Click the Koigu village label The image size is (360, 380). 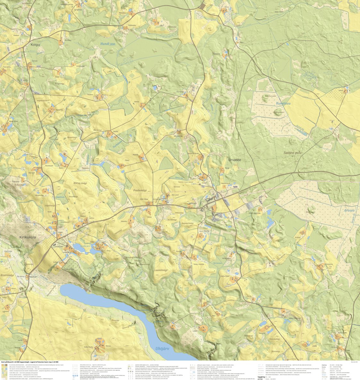[35, 45]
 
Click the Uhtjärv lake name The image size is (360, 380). [162, 348]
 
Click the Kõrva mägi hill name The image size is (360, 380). [80, 183]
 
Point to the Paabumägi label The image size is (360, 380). [140, 190]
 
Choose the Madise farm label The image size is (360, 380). [136, 154]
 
